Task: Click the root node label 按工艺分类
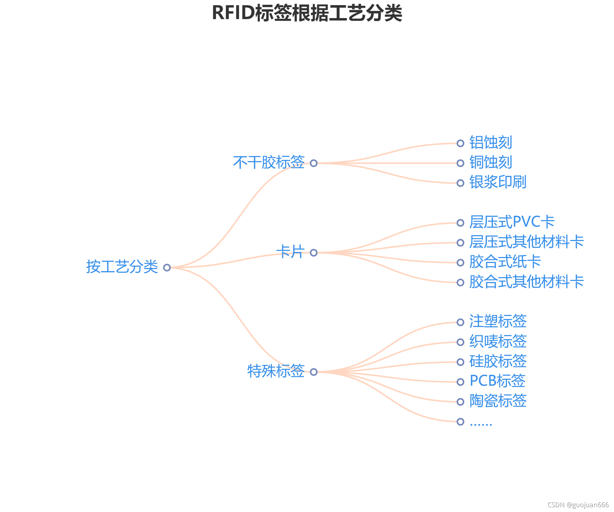[122, 267]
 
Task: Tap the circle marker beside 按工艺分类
[167, 268]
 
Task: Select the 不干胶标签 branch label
[269, 162]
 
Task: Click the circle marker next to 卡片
[314, 253]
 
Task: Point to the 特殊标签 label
[276, 371]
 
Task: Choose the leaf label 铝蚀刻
[491, 143]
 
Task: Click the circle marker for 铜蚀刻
[460, 163]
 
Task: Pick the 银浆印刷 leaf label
[498, 182]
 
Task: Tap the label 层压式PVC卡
[512, 222]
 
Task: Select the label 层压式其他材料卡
[526, 242]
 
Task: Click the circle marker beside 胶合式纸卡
[460, 262]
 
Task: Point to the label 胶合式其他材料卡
[526, 282]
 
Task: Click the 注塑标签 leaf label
[498, 322]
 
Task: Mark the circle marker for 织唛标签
[460, 342]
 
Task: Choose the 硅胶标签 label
[498, 361]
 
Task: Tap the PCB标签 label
[497, 381]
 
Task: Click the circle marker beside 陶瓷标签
[460, 402]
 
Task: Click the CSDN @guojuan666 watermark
[578, 505]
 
